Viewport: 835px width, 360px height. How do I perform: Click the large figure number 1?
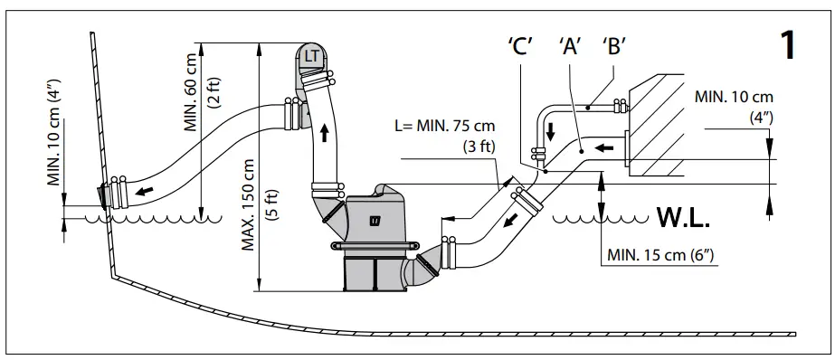coord(788,44)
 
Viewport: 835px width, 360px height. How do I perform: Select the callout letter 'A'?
coord(570,47)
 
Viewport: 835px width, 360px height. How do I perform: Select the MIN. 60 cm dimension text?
coord(191,90)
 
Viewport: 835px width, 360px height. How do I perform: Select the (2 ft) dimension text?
coord(213,90)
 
